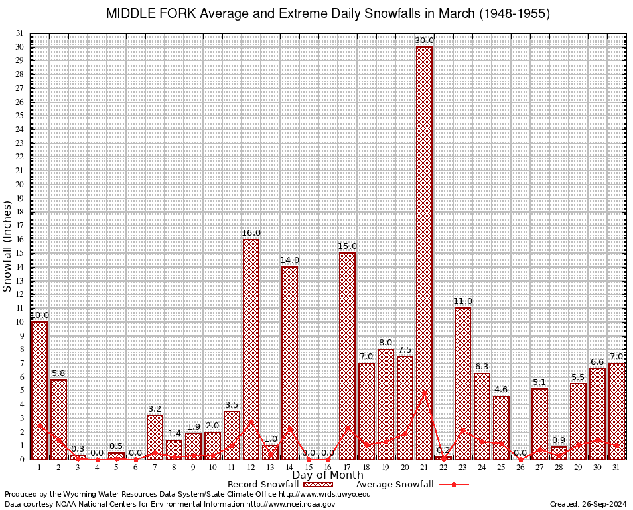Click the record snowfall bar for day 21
(x=424, y=252)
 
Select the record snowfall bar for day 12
(x=251, y=349)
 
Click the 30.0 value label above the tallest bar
(x=424, y=41)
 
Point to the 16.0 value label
(x=251, y=233)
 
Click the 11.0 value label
(x=462, y=301)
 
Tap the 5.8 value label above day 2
(x=58, y=373)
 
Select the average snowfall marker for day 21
(x=424, y=392)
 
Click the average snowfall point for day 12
(x=251, y=421)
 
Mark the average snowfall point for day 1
(x=39, y=425)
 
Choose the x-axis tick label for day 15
(x=309, y=468)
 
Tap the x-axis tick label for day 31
(x=616, y=468)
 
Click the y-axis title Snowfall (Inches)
(x=7, y=246)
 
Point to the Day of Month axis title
(x=328, y=475)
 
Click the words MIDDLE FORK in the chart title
(x=148, y=14)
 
